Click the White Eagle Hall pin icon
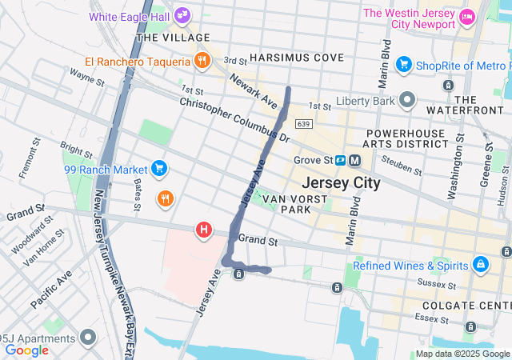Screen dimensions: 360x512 (183, 15)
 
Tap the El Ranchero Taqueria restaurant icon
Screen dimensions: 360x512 (202, 61)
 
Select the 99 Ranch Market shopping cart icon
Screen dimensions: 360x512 (159, 169)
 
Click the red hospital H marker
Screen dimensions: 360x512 (204, 230)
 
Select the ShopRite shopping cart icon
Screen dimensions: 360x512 (404, 64)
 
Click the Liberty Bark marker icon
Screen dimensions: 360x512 (409, 101)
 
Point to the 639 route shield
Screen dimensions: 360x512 (302, 124)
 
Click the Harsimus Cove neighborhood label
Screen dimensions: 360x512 (296, 58)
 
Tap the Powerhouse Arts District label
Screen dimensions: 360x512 (406, 138)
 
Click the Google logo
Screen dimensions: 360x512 (26, 350)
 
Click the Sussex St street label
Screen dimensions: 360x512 (439, 284)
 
